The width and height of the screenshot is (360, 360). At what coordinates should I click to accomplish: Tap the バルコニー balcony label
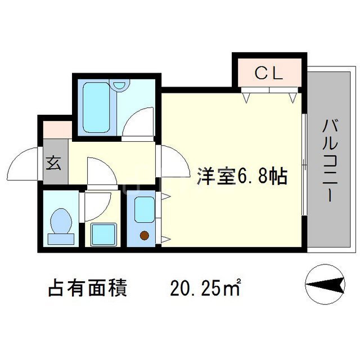(329, 160)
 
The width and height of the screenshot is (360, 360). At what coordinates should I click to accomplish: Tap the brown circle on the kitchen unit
(144, 235)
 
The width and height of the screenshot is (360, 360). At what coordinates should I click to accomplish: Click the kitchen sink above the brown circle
(144, 210)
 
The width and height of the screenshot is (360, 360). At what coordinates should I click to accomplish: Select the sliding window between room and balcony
(303, 163)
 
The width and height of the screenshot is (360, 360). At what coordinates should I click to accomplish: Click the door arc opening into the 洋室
(172, 164)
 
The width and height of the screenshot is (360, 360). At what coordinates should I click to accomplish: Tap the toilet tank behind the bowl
(60, 238)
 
